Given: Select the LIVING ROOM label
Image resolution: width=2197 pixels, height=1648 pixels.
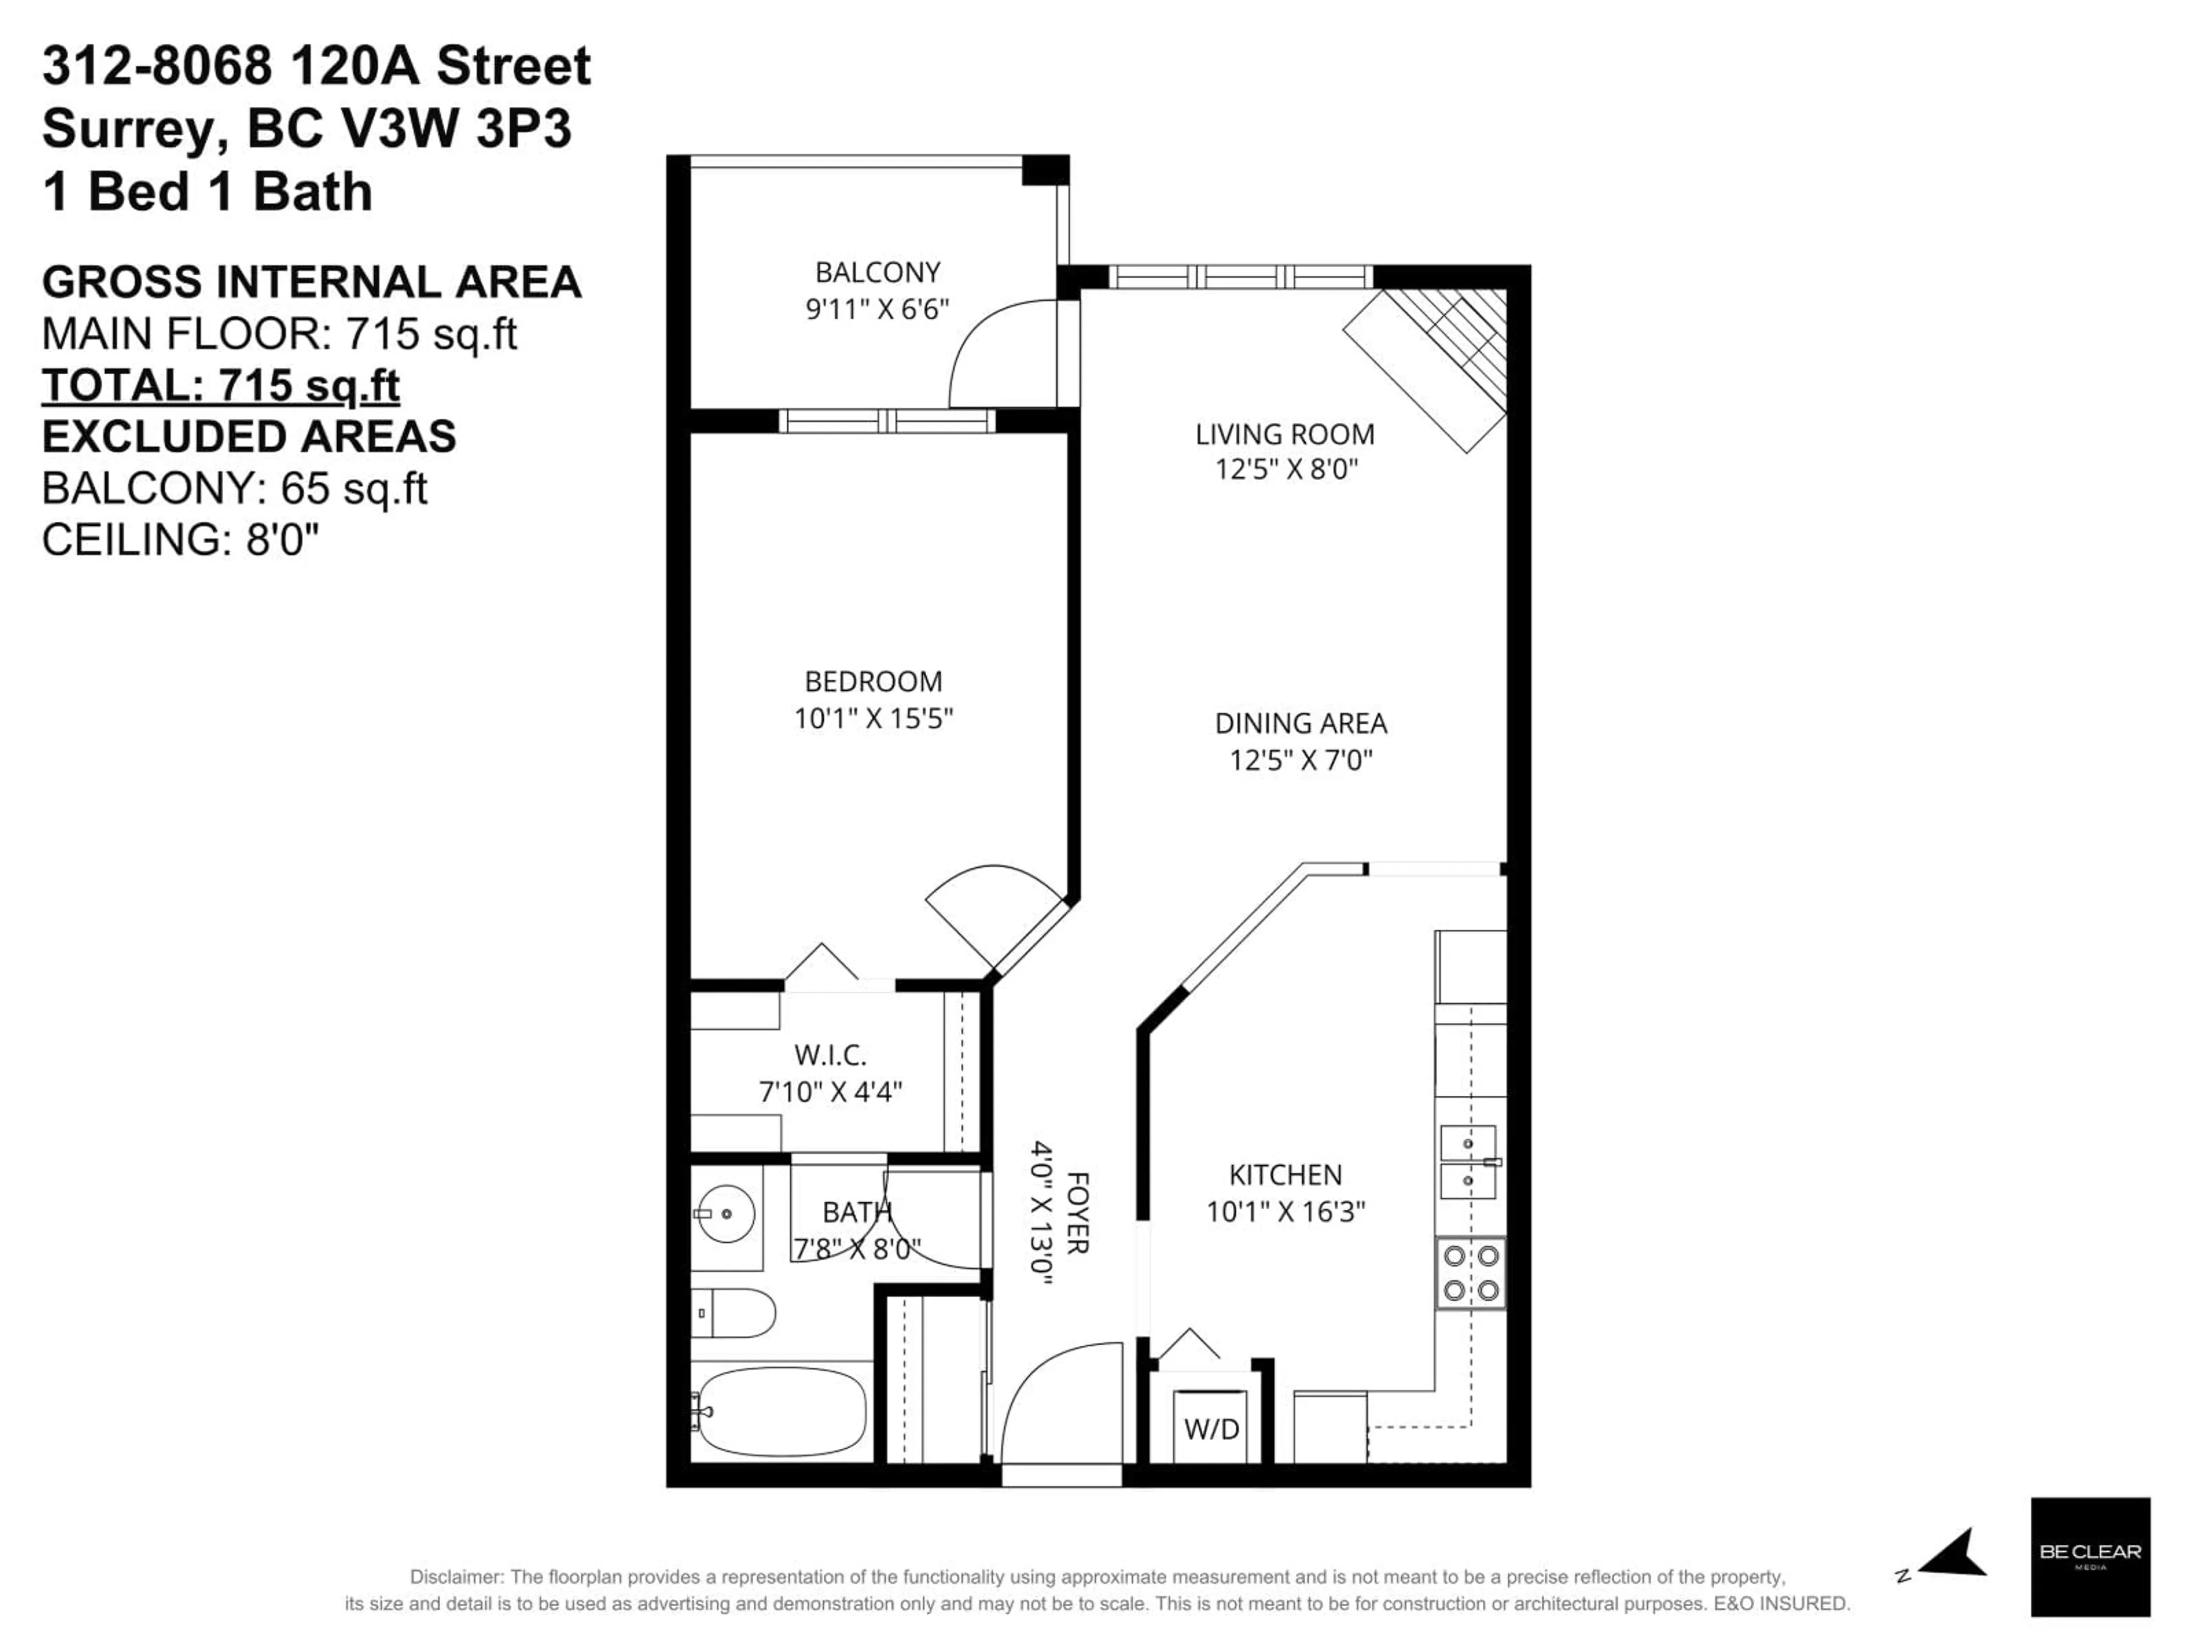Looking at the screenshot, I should click(x=1284, y=434).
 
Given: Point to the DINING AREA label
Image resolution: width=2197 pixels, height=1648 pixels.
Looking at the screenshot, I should click(x=1300, y=723).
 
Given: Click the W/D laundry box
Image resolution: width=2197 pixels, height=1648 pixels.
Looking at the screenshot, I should click(x=1211, y=1428).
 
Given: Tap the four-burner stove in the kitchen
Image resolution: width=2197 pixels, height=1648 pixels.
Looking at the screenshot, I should click(x=1470, y=1273).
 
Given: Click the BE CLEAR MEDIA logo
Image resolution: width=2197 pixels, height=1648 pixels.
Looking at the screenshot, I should click(x=2090, y=1556).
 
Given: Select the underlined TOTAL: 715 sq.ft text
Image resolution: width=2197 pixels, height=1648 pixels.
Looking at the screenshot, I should click(x=220, y=386).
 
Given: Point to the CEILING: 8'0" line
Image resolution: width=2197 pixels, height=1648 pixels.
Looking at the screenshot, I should click(x=181, y=540).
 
